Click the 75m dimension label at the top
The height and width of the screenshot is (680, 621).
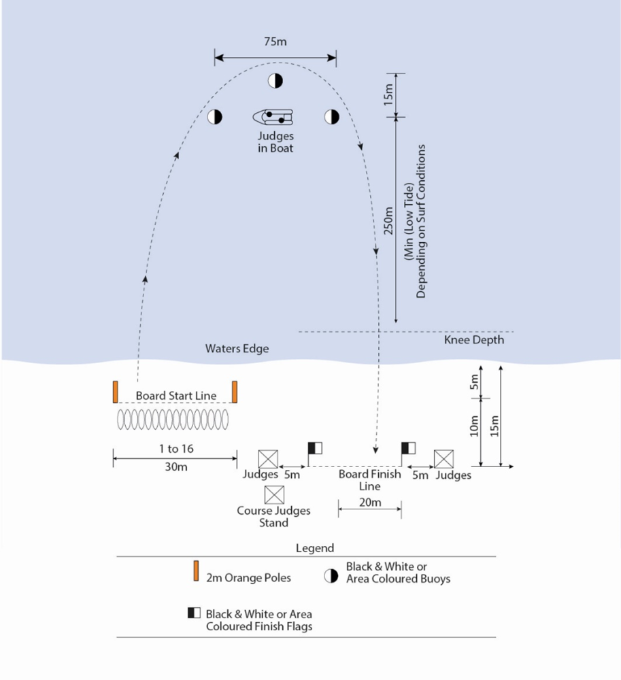point(275,42)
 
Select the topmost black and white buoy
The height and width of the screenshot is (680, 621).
point(275,81)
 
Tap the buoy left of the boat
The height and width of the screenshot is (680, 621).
point(215,117)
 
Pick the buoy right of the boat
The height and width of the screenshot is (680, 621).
point(331,117)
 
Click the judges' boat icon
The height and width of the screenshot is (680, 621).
point(273,117)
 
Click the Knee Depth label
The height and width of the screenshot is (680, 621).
point(474,339)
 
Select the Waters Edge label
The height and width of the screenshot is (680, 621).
point(237,349)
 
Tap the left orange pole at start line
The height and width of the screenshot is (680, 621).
point(116,392)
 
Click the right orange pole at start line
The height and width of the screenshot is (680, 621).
point(234,392)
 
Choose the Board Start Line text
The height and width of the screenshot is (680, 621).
point(176,396)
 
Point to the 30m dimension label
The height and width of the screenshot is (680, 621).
point(175,467)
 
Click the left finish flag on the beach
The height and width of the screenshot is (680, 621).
point(315,447)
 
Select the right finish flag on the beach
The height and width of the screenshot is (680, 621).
point(409,447)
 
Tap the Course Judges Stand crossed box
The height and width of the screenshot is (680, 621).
point(274,495)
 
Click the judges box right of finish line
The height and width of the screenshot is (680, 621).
point(444,459)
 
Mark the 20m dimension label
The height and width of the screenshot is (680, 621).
point(369,503)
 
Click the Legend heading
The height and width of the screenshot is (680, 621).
point(315,548)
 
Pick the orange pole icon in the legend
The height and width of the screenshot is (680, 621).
point(196,572)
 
